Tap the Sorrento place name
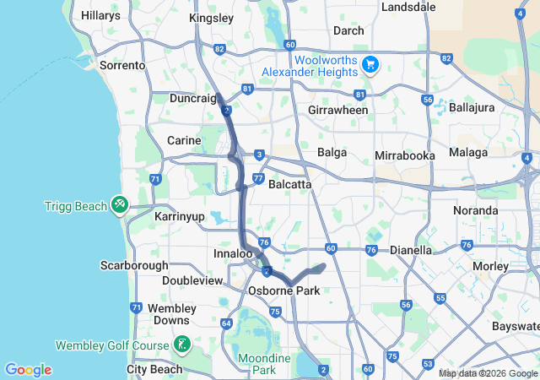(122, 65)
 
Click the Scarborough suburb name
(136, 264)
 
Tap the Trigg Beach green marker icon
(119, 205)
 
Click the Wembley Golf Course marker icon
(181, 344)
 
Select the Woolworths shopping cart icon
(369, 65)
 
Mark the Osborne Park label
(282, 290)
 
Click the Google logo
(28, 370)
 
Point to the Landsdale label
(408, 7)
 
